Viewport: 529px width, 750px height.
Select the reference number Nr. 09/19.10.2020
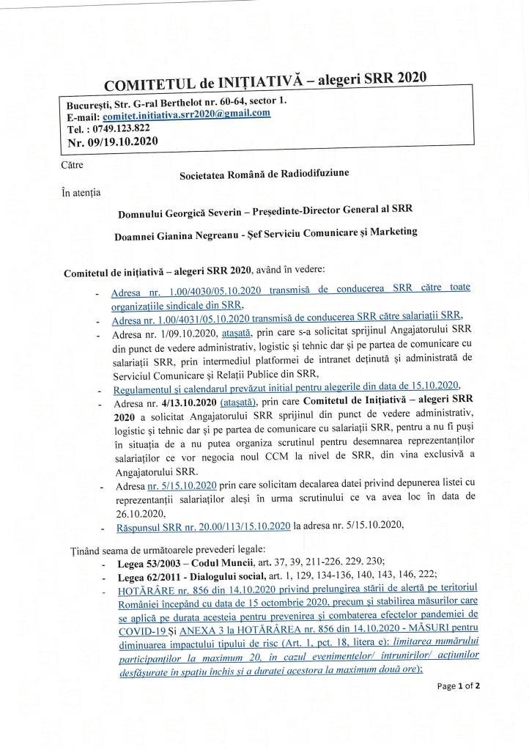111,139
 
